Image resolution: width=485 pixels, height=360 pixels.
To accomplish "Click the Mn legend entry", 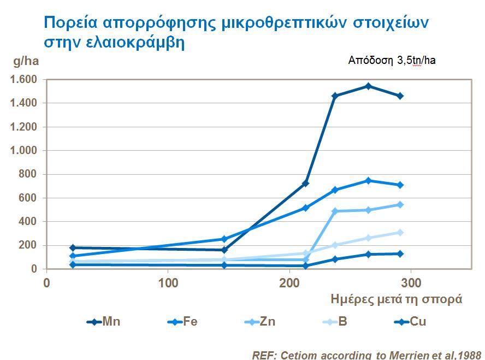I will [104, 322].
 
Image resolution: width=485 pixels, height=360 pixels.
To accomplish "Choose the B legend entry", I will [334, 322].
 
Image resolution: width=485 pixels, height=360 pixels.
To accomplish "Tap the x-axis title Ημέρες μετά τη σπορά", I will [397, 299].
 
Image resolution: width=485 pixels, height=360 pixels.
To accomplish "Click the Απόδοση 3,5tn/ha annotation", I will [392, 60].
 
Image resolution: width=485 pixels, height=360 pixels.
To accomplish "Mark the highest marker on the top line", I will [368, 86].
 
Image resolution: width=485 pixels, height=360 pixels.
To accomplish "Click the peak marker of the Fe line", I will [368, 180].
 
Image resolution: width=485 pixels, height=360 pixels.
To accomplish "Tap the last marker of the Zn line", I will [400, 204].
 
